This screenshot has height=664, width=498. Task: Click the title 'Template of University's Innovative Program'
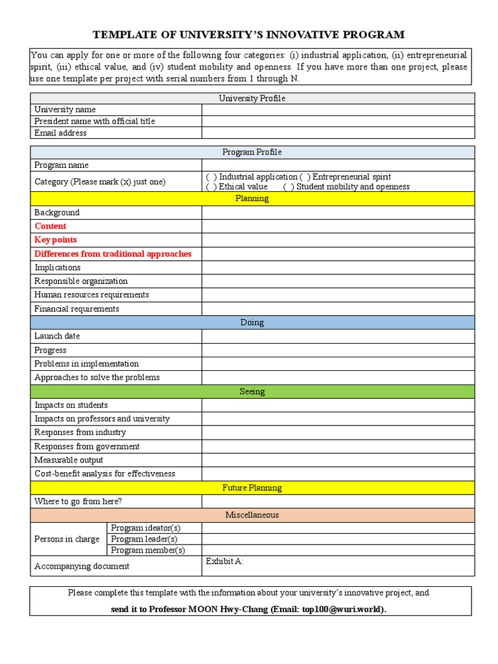249,34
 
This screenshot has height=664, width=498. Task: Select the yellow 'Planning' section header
252,198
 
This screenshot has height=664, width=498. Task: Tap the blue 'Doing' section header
252,322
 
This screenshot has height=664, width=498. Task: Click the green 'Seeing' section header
252,392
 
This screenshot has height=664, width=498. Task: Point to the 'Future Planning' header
252,488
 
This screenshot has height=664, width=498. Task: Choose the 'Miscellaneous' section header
252,515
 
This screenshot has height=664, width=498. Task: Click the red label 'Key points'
56,240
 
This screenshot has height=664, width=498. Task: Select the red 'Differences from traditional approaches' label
113,254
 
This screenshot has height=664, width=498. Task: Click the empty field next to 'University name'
337,110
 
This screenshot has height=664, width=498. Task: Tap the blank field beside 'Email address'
337,133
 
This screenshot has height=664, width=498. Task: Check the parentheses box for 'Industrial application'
211,177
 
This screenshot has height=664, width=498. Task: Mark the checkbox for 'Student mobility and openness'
289,187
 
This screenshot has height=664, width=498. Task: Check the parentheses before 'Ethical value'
211,187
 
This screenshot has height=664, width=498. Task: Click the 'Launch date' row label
57,336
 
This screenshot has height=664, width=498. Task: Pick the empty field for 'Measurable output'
337,460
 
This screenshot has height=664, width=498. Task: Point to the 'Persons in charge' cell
67,539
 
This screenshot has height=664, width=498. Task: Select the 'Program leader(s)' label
144,539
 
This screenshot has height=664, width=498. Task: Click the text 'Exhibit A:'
224,561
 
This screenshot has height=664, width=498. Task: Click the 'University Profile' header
252,98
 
